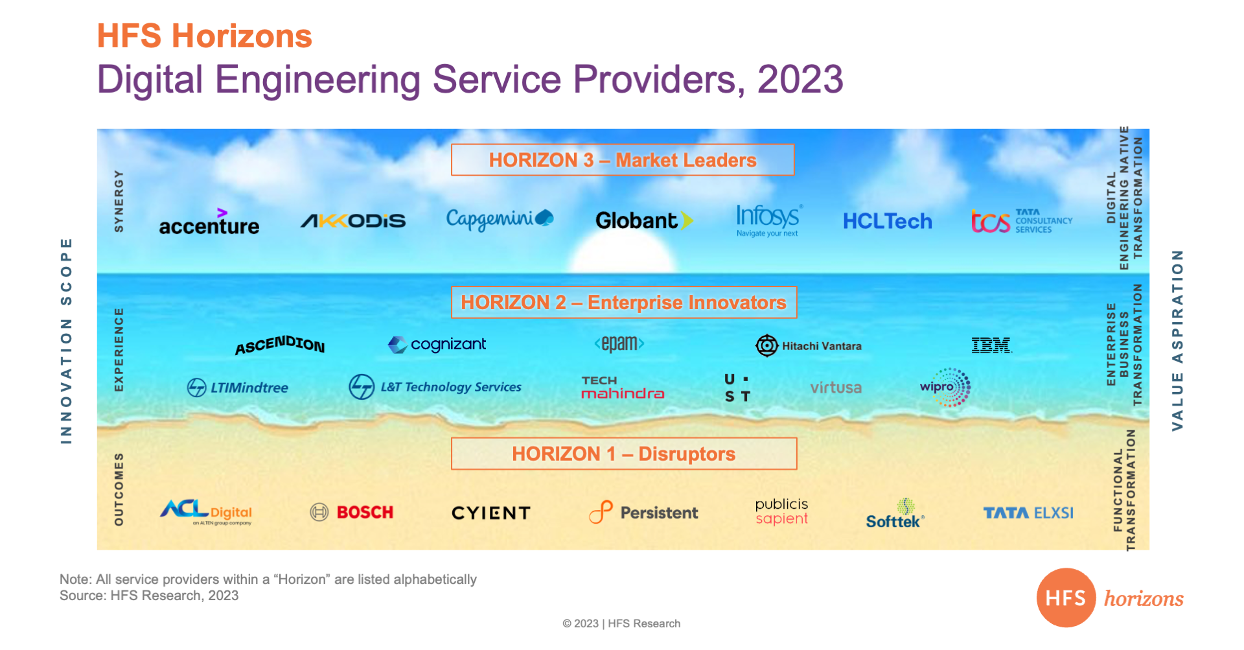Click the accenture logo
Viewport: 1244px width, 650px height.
click(x=209, y=222)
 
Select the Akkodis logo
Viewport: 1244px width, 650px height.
click(x=353, y=221)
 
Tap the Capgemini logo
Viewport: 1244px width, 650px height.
click(x=500, y=220)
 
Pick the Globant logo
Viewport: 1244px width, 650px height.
click(x=644, y=220)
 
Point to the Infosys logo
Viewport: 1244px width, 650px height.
click(x=769, y=220)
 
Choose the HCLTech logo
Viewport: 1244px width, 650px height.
click(x=887, y=222)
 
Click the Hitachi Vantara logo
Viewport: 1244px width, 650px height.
click(x=809, y=345)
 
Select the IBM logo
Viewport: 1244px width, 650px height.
click(x=991, y=345)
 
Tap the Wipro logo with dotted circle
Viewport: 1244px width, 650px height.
click(x=945, y=387)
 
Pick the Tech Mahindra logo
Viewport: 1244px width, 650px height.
click(x=623, y=387)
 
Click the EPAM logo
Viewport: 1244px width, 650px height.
click(x=619, y=343)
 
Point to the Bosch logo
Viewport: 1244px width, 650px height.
click(x=351, y=513)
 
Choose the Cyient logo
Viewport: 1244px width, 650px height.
click(x=491, y=513)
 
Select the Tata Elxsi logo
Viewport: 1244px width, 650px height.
click(x=1028, y=513)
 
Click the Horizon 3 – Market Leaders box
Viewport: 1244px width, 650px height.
click(x=623, y=160)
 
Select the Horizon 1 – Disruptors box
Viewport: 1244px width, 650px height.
click(x=624, y=454)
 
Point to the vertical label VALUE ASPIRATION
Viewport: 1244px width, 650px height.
click(x=1177, y=340)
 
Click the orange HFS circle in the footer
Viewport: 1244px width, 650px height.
click(x=1066, y=598)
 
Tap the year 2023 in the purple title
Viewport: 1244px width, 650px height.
click(x=800, y=79)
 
